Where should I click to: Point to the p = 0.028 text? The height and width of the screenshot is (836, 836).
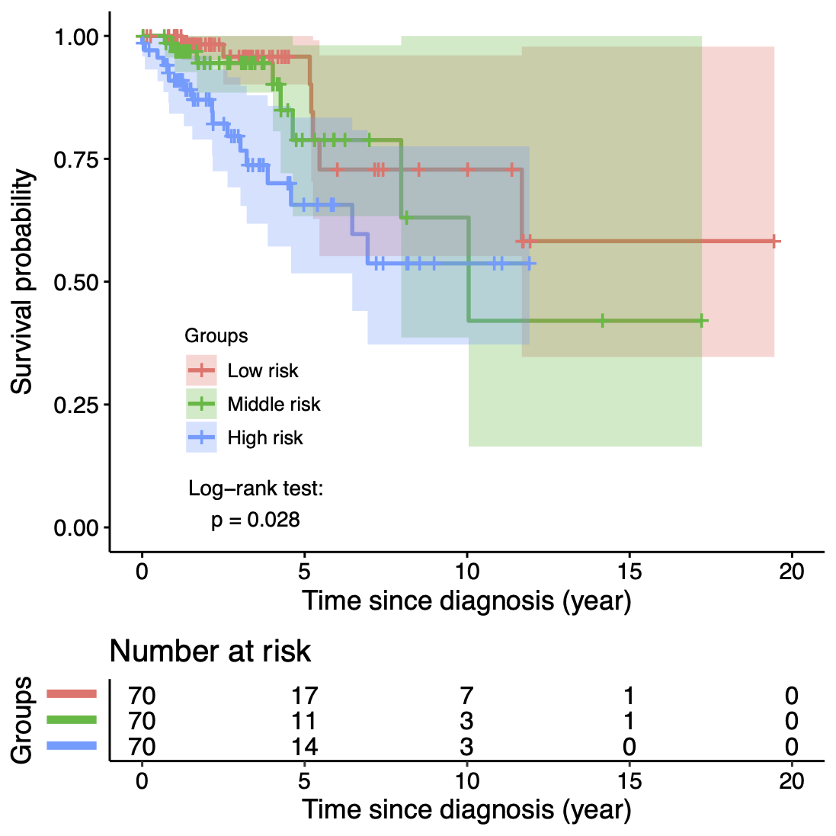255,520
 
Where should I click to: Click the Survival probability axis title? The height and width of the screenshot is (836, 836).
22,282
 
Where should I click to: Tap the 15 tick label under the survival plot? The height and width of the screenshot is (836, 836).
629,572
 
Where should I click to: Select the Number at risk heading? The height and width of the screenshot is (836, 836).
210,652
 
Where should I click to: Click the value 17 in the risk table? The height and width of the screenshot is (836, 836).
304,696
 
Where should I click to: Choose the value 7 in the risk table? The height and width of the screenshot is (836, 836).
466,696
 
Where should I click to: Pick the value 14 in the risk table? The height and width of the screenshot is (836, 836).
304,746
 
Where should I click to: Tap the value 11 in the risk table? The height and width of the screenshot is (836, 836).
304,721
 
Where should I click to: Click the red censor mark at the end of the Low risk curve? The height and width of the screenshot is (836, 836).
774,242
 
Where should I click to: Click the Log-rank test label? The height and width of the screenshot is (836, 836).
256,489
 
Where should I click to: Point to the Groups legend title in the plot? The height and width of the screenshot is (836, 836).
216,336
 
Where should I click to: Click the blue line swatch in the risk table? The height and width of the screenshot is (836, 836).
72,745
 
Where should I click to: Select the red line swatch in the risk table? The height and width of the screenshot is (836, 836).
72,693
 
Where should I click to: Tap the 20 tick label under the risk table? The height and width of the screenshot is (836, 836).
792,781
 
